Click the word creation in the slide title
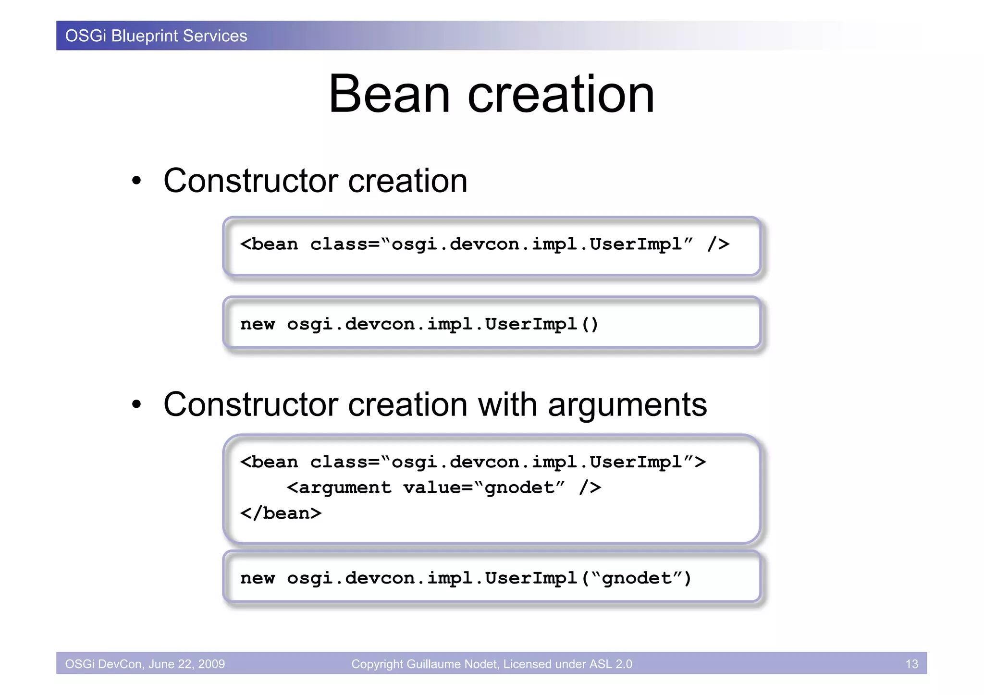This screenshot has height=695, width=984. pyautogui.click(x=561, y=94)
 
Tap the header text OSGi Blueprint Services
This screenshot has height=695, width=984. pyautogui.click(x=156, y=36)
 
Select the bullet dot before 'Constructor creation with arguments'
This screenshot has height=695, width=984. pyautogui.click(x=137, y=405)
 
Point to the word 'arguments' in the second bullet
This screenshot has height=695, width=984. pyautogui.click(x=627, y=405)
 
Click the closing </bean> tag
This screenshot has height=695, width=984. pyautogui.click(x=281, y=513)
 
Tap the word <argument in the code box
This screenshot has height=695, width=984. pyautogui.click(x=339, y=488)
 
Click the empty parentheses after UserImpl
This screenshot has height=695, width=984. pyautogui.click(x=590, y=325)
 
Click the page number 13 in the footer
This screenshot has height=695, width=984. pyautogui.click(x=911, y=664)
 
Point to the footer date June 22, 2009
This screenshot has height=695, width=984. pyautogui.click(x=186, y=664)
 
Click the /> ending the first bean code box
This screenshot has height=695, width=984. pyautogui.click(x=718, y=244)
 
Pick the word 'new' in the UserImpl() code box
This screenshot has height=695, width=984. pyautogui.click(x=258, y=325)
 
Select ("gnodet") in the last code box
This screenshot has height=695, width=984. pyautogui.click(x=637, y=578)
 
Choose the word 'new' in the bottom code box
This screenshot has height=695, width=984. pyautogui.click(x=258, y=578)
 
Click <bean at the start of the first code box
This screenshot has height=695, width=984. pyautogui.click(x=269, y=244)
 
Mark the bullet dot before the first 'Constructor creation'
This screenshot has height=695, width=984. pyautogui.click(x=137, y=181)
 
